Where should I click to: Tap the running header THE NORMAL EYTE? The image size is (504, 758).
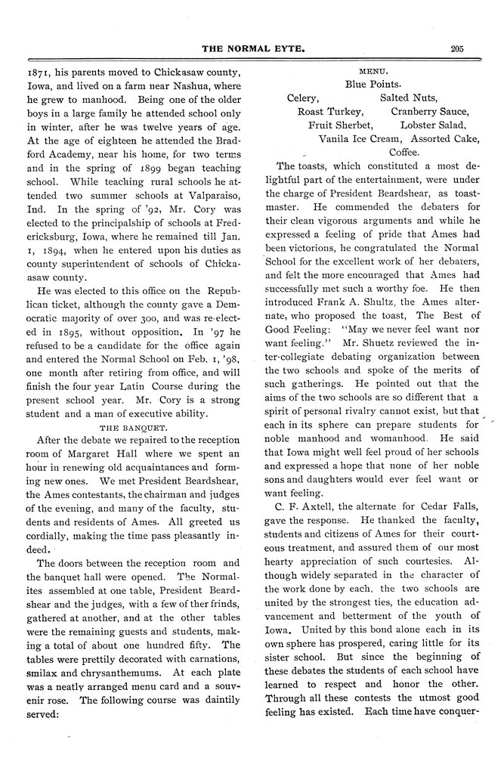251,49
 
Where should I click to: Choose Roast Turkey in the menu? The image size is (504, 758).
329,111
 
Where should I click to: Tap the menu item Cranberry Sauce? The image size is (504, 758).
429,111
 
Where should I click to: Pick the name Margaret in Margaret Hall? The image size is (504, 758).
91,453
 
